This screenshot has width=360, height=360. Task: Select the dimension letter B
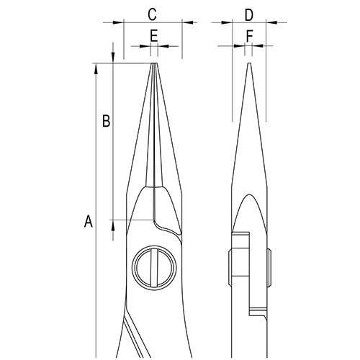point(105,122)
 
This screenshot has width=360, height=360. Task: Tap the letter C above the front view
point(152,14)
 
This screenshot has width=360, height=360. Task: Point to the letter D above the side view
point(248,14)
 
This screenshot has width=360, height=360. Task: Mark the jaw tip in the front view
point(153,66)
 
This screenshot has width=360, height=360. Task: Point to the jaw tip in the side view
point(248,66)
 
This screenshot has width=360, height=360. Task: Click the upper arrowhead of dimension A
point(95,68)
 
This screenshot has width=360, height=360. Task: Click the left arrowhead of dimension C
point(119,23)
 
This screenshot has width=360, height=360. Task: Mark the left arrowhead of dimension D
point(228,23)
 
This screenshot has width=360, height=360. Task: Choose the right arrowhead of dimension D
point(270,23)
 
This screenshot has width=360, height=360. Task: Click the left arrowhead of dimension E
point(146,45)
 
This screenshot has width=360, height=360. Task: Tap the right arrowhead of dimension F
point(257,45)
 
